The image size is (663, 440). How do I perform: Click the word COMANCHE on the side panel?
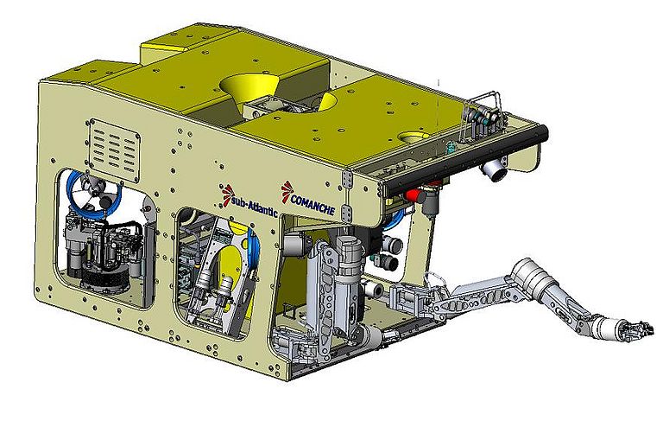313,205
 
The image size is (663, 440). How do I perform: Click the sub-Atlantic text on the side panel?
254,205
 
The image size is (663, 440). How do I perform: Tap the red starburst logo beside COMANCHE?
287,189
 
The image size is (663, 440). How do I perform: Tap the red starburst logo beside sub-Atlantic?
228,194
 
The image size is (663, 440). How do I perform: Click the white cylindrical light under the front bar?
494,169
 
